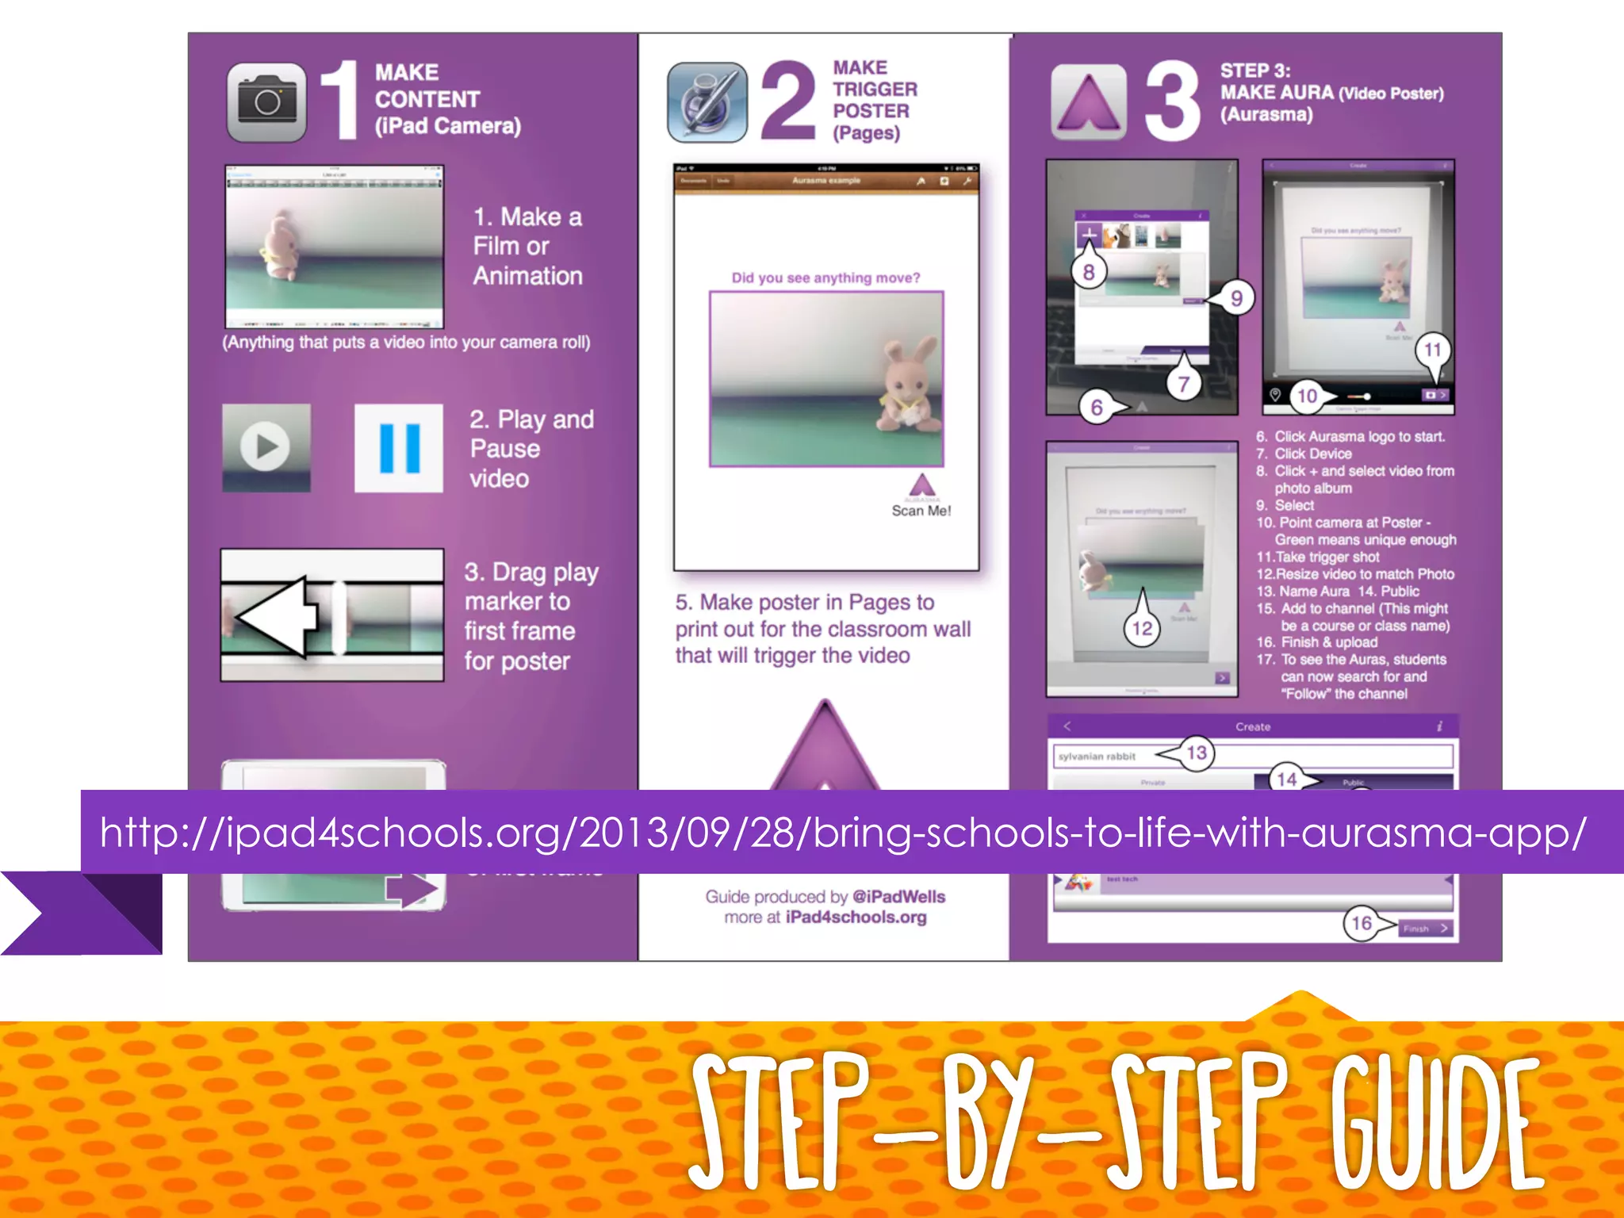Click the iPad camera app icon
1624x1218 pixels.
(x=266, y=102)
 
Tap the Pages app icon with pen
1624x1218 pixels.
(x=707, y=102)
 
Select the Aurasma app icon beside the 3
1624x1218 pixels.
(x=1088, y=102)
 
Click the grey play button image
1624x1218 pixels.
(x=266, y=447)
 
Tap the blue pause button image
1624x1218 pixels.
(x=399, y=447)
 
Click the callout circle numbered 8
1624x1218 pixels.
(x=1088, y=273)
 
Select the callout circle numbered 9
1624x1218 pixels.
(x=1236, y=298)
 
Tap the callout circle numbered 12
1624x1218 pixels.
(x=1142, y=629)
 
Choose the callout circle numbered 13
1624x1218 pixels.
(x=1197, y=753)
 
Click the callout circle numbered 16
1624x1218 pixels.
(x=1362, y=923)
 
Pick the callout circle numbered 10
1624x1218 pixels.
(x=1307, y=396)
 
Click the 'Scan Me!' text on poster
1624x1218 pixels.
(x=921, y=511)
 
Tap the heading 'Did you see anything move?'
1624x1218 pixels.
(x=825, y=278)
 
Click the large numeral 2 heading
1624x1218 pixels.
(x=787, y=101)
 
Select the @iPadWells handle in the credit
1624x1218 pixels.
(x=898, y=897)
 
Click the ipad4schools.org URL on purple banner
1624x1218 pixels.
(x=843, y=832)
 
